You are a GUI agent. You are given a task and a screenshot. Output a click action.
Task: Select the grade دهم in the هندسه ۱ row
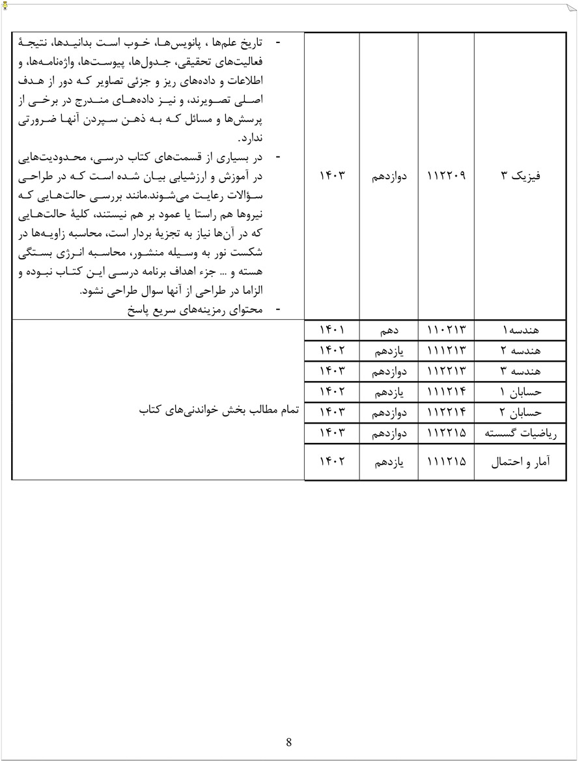(389, 331)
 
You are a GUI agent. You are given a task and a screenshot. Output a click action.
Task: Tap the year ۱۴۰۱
(332, 331)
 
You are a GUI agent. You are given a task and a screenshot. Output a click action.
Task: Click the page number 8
(288, 742)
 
